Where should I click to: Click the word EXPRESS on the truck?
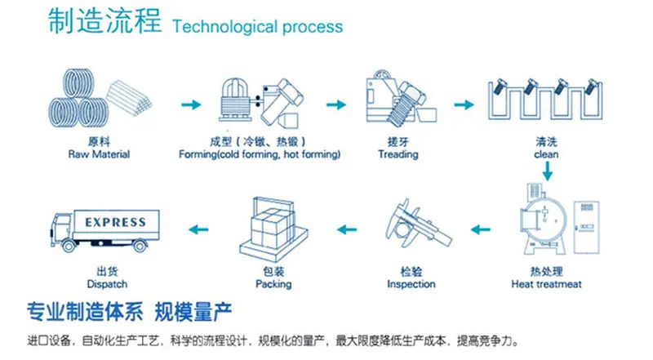[115, 222]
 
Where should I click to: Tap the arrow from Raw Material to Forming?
[191, 104]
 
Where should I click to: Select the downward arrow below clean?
[547, 171]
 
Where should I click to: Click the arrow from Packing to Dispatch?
[198, 229]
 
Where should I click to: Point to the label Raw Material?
[99, 154]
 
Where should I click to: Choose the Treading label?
[398, 154]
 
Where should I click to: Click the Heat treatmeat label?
[546, 284]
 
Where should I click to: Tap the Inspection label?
[411, 284]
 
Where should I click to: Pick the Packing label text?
[273, 284]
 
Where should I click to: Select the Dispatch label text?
[107, 284]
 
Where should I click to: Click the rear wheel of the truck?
[140, 247]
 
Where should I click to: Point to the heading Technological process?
[258, 27]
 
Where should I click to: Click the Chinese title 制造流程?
[104, 21]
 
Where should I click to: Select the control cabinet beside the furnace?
[586, 227]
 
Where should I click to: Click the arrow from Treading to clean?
[464, 104]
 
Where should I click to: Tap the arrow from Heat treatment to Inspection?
[481, 229]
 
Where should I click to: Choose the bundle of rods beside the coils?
[129, 98]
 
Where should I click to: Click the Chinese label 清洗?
[546, 142]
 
